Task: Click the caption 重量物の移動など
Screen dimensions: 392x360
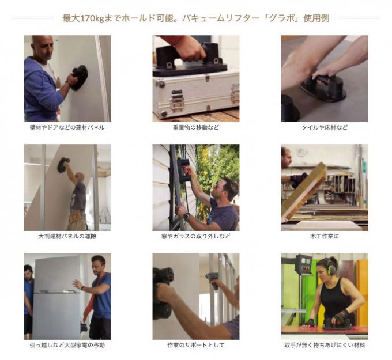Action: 196,127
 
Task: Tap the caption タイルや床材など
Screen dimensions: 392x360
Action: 325,127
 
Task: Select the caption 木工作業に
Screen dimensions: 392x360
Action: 325,236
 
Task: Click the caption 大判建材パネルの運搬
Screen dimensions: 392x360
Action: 67,236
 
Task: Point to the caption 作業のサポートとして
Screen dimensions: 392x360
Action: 196,345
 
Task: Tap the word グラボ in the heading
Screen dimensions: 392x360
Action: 282,18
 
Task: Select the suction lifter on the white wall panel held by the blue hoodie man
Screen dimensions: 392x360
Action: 79,78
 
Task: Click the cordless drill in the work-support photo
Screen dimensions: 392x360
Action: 213,280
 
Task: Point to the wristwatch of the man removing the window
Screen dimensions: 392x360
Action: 186,217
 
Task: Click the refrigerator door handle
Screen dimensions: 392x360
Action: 57,291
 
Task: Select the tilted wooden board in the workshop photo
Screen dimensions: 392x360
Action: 304,192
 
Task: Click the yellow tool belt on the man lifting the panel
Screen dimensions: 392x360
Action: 76,216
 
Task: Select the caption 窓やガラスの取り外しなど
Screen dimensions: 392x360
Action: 196,236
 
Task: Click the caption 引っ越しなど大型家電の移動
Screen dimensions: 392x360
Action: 67,345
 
